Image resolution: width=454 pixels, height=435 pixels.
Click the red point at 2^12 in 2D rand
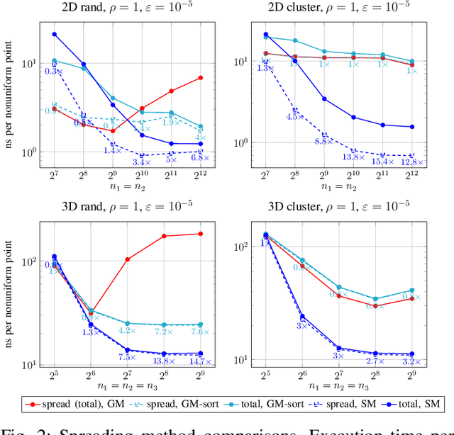pyautogui.click(x=201, y=77)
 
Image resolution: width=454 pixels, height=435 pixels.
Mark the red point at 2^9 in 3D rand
pyautogui.click(x=201, y=233)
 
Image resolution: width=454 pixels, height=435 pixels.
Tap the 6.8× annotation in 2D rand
pyautogui.click(x=200, y=158)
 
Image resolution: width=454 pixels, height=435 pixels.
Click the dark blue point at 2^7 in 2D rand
pyautogui.click(x=55, y=34)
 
